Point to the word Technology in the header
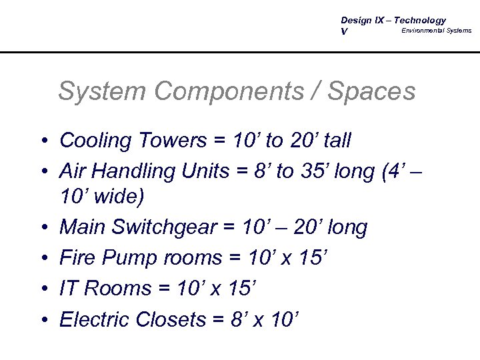[x=420, y=21]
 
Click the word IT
[x=68, y=289]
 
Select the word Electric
[x=95, y=319]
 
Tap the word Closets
[x=171, y=319]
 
